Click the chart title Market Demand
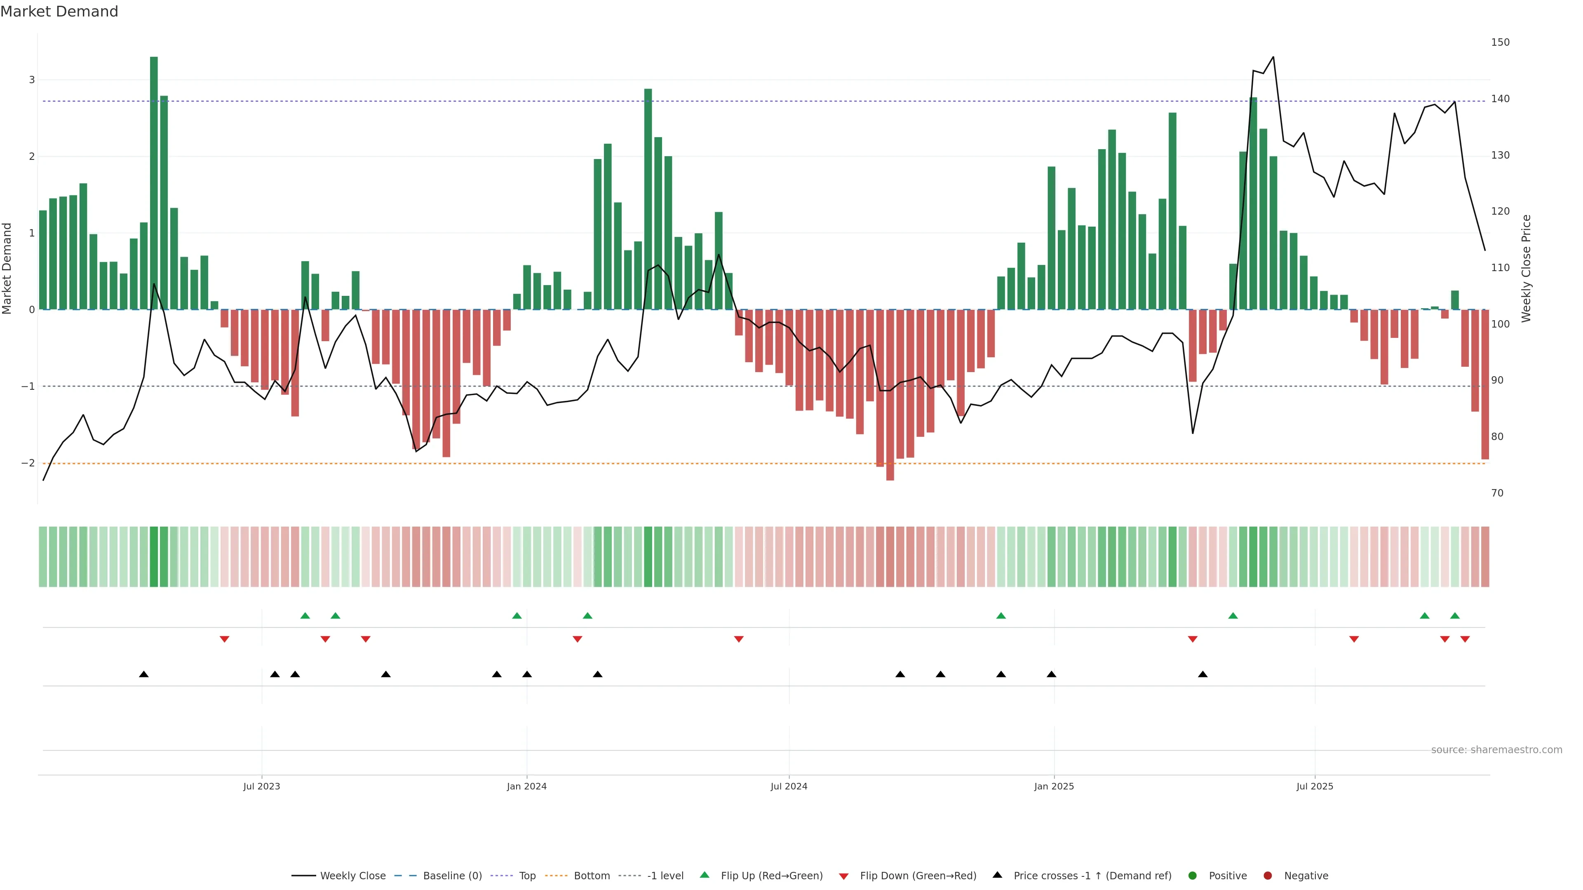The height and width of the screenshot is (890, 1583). click(59, 12)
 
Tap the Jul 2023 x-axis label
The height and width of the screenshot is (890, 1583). click(261, 786)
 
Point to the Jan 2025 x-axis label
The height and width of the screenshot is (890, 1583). click(1054, 786)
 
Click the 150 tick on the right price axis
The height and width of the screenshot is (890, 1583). click(1500, 42)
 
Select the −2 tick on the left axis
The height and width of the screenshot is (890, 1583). click(28, 463)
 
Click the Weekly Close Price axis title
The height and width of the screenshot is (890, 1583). click(1527, 268)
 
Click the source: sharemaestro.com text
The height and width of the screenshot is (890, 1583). click(1496, 750)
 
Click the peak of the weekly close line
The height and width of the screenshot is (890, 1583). click(1273, 57)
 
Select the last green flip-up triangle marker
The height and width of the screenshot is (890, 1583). click(1454, 616)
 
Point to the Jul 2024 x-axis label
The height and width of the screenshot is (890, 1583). click(789, 786)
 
